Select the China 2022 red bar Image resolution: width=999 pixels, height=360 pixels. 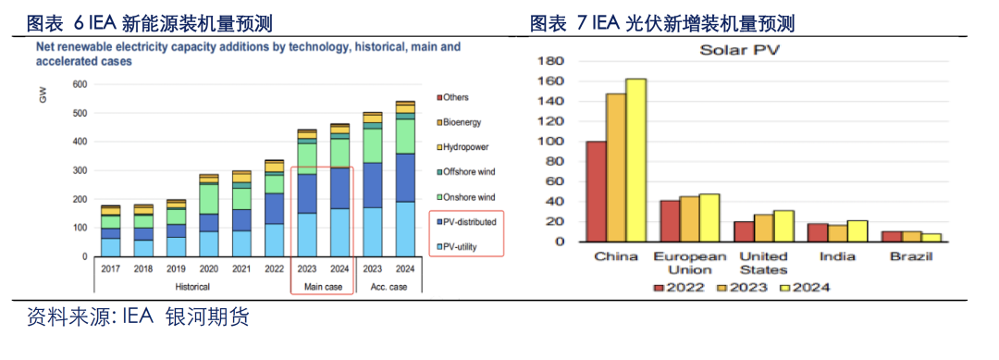pos(596,191)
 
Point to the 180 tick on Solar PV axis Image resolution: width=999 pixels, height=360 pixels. pos(550,61)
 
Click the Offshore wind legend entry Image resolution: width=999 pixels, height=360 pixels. pos(467,172)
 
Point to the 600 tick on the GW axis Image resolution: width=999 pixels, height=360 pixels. pos(79,85)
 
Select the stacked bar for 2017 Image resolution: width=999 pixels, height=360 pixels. pos(110,230)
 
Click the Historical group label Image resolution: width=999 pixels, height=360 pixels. pos(192,287)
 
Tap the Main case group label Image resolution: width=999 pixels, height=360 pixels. pos(322,287)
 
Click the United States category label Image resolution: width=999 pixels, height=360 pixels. pos(765,263)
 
